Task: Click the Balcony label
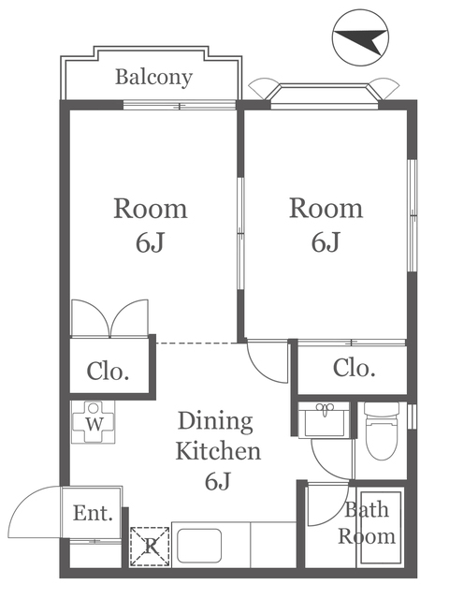coord(153,78)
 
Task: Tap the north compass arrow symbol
coord(360,37)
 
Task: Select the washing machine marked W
coord(94,422)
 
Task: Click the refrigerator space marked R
coord(150,547)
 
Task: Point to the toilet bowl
coord(382,431)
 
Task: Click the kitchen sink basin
coord(199,546)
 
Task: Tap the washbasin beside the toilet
coord(325,419)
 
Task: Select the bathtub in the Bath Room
coord(381,528)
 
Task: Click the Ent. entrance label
coord(94,513)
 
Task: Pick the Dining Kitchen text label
coord(218,436)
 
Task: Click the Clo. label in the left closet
coord(109,371)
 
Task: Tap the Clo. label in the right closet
coord(354,368)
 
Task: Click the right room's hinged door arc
coord(260,371)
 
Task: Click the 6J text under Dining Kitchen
coord(218,481)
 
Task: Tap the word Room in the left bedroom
coord(151,209)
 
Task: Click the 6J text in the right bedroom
coord(326,242)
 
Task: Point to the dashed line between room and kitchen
coord(196,343)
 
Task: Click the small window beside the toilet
coord(412,416)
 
